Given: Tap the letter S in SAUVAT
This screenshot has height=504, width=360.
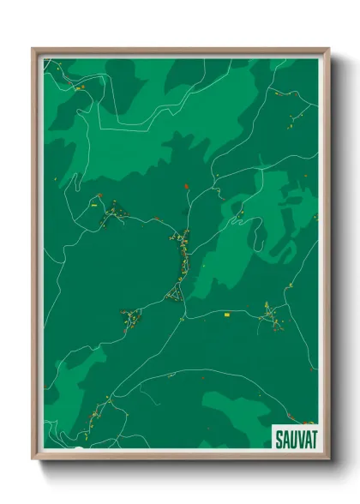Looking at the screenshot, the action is [x=279, y=439].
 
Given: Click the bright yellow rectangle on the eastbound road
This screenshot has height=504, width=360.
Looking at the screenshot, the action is [x=227, y=315].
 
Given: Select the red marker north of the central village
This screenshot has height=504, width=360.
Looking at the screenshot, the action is [x=186, y=185].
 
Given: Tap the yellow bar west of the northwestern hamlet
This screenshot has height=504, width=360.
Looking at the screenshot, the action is [x=92, y=207].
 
